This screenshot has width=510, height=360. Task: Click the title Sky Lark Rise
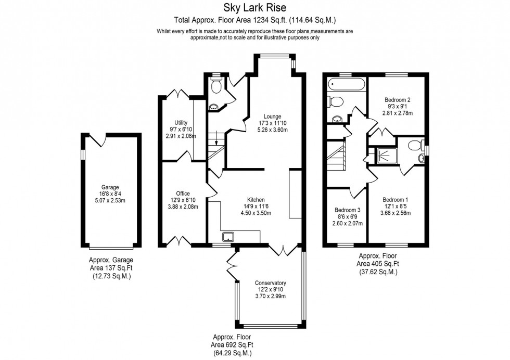click(254, 8)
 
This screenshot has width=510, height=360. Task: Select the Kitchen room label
click(256, 199)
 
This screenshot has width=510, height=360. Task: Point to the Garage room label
click(110, 187)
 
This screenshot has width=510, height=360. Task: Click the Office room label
click(183, 194)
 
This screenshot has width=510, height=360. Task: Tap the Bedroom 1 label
click(396, 200)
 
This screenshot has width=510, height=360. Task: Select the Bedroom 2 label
click(398, 100)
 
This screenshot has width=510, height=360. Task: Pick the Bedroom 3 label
click(348, 210)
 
